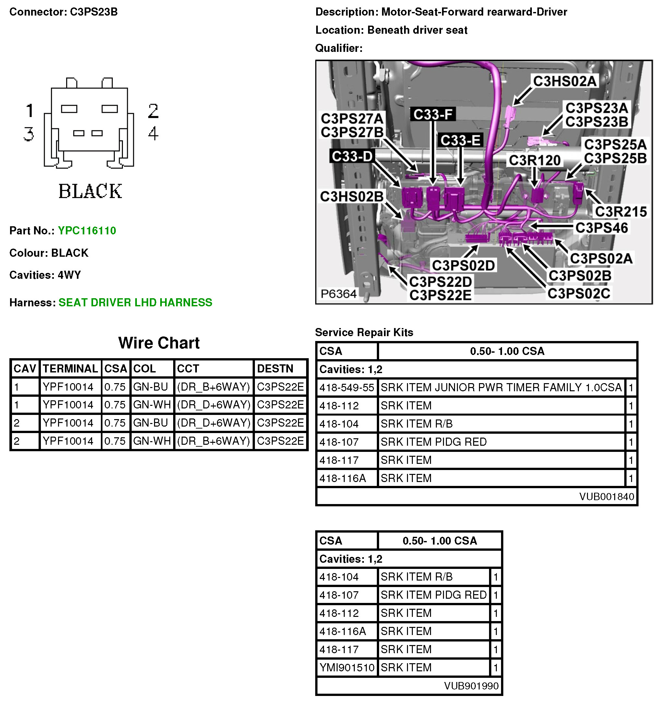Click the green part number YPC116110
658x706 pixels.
(x=87, y=230)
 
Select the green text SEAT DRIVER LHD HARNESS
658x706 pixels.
(x=135, y=302)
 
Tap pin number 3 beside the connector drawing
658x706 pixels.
(x=29, y=134)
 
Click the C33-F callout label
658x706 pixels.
(x=432, y=114)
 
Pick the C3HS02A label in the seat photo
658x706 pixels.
(x=565, y=81)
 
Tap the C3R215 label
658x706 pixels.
(x=620, y=211)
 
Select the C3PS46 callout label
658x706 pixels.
(x=601, y=228)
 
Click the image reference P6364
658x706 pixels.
(x=338, y=294)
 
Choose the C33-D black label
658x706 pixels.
(x=352, y=156)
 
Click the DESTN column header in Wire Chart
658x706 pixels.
(x=275, y=369)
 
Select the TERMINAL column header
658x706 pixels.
(x=70, y=369)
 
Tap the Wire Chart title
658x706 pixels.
(x=159, y=343)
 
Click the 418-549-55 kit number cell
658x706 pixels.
(x=347, y=387)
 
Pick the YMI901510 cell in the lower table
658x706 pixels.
(x=347, y=668)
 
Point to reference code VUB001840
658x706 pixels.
(x=606, y=497)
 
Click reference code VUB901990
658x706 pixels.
(x=471, y=686)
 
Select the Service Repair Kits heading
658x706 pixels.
(x=364, y=332)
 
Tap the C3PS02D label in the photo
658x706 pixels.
(x=463, y=265)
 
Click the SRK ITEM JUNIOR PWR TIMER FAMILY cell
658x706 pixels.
(x=501, y=387)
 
